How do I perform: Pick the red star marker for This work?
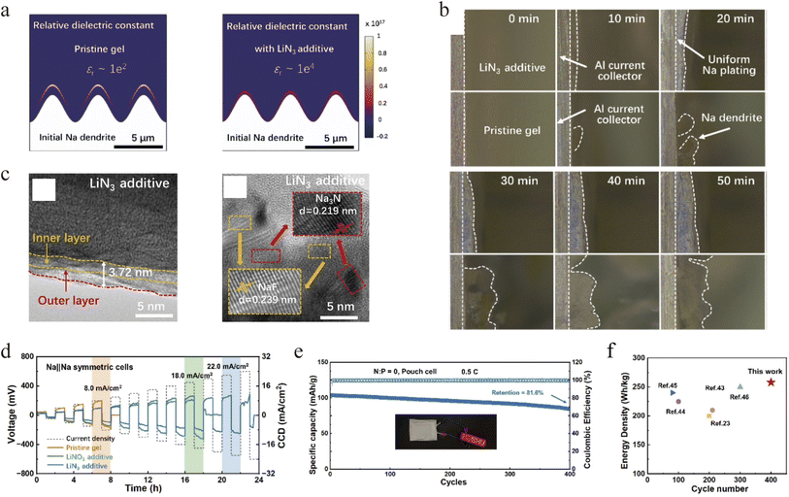(x=771, y=381)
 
